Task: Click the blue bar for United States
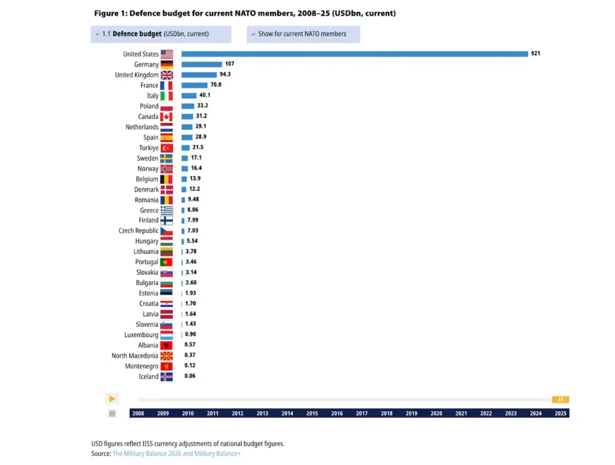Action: [354, 54]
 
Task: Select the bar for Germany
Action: [202, 64]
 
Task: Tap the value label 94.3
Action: [225, 74]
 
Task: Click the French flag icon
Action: [166, 85]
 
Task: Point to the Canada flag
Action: [166, 117]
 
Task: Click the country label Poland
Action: [149, 106]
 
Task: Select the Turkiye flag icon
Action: [166, 148]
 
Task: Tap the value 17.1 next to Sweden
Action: [196, 158]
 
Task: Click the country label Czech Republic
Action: [139, 231]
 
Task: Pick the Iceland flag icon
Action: [166, 377]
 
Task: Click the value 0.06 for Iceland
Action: [190, 376]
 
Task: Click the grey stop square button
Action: [112, 413]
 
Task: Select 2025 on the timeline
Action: [560, 413]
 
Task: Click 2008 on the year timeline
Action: [138, 413]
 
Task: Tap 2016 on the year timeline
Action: [337, 413]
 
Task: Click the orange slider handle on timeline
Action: [560, 400]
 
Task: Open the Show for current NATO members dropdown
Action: [303, 34]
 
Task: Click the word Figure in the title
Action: [106, 13]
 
